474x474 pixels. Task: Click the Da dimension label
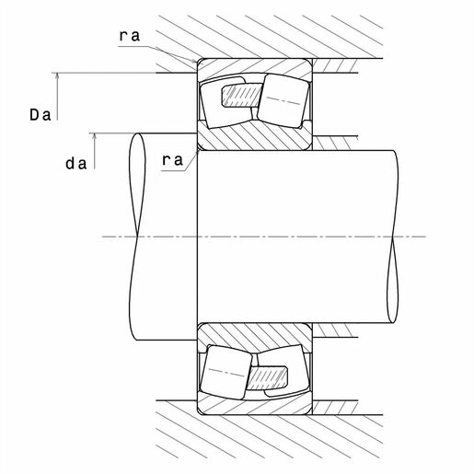click(40, 115)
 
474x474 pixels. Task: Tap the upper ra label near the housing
click(130, 35)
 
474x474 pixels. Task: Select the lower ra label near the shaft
click(172, 159)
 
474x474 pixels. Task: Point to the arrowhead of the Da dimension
click(57, 76)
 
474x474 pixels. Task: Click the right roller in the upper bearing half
click(283, 100)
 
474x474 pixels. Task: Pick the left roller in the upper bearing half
click(226, 103)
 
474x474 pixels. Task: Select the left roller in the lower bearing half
click(226, 373)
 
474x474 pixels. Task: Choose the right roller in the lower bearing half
click(283, 371)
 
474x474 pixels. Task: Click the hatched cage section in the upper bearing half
click(242, 96)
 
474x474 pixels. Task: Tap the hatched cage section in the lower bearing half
click(268, 378)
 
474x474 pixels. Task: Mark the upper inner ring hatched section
click(254, 136)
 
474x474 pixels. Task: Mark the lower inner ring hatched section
click(254, 338)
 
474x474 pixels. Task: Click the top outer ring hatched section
click(254, 68)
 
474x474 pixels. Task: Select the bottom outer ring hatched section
click(254, 406)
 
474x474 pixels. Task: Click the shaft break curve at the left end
click(137, 237)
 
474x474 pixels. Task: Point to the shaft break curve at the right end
click(394, 237)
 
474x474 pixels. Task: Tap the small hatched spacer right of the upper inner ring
click(334, 144)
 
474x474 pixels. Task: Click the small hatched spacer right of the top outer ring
click(335, 65)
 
